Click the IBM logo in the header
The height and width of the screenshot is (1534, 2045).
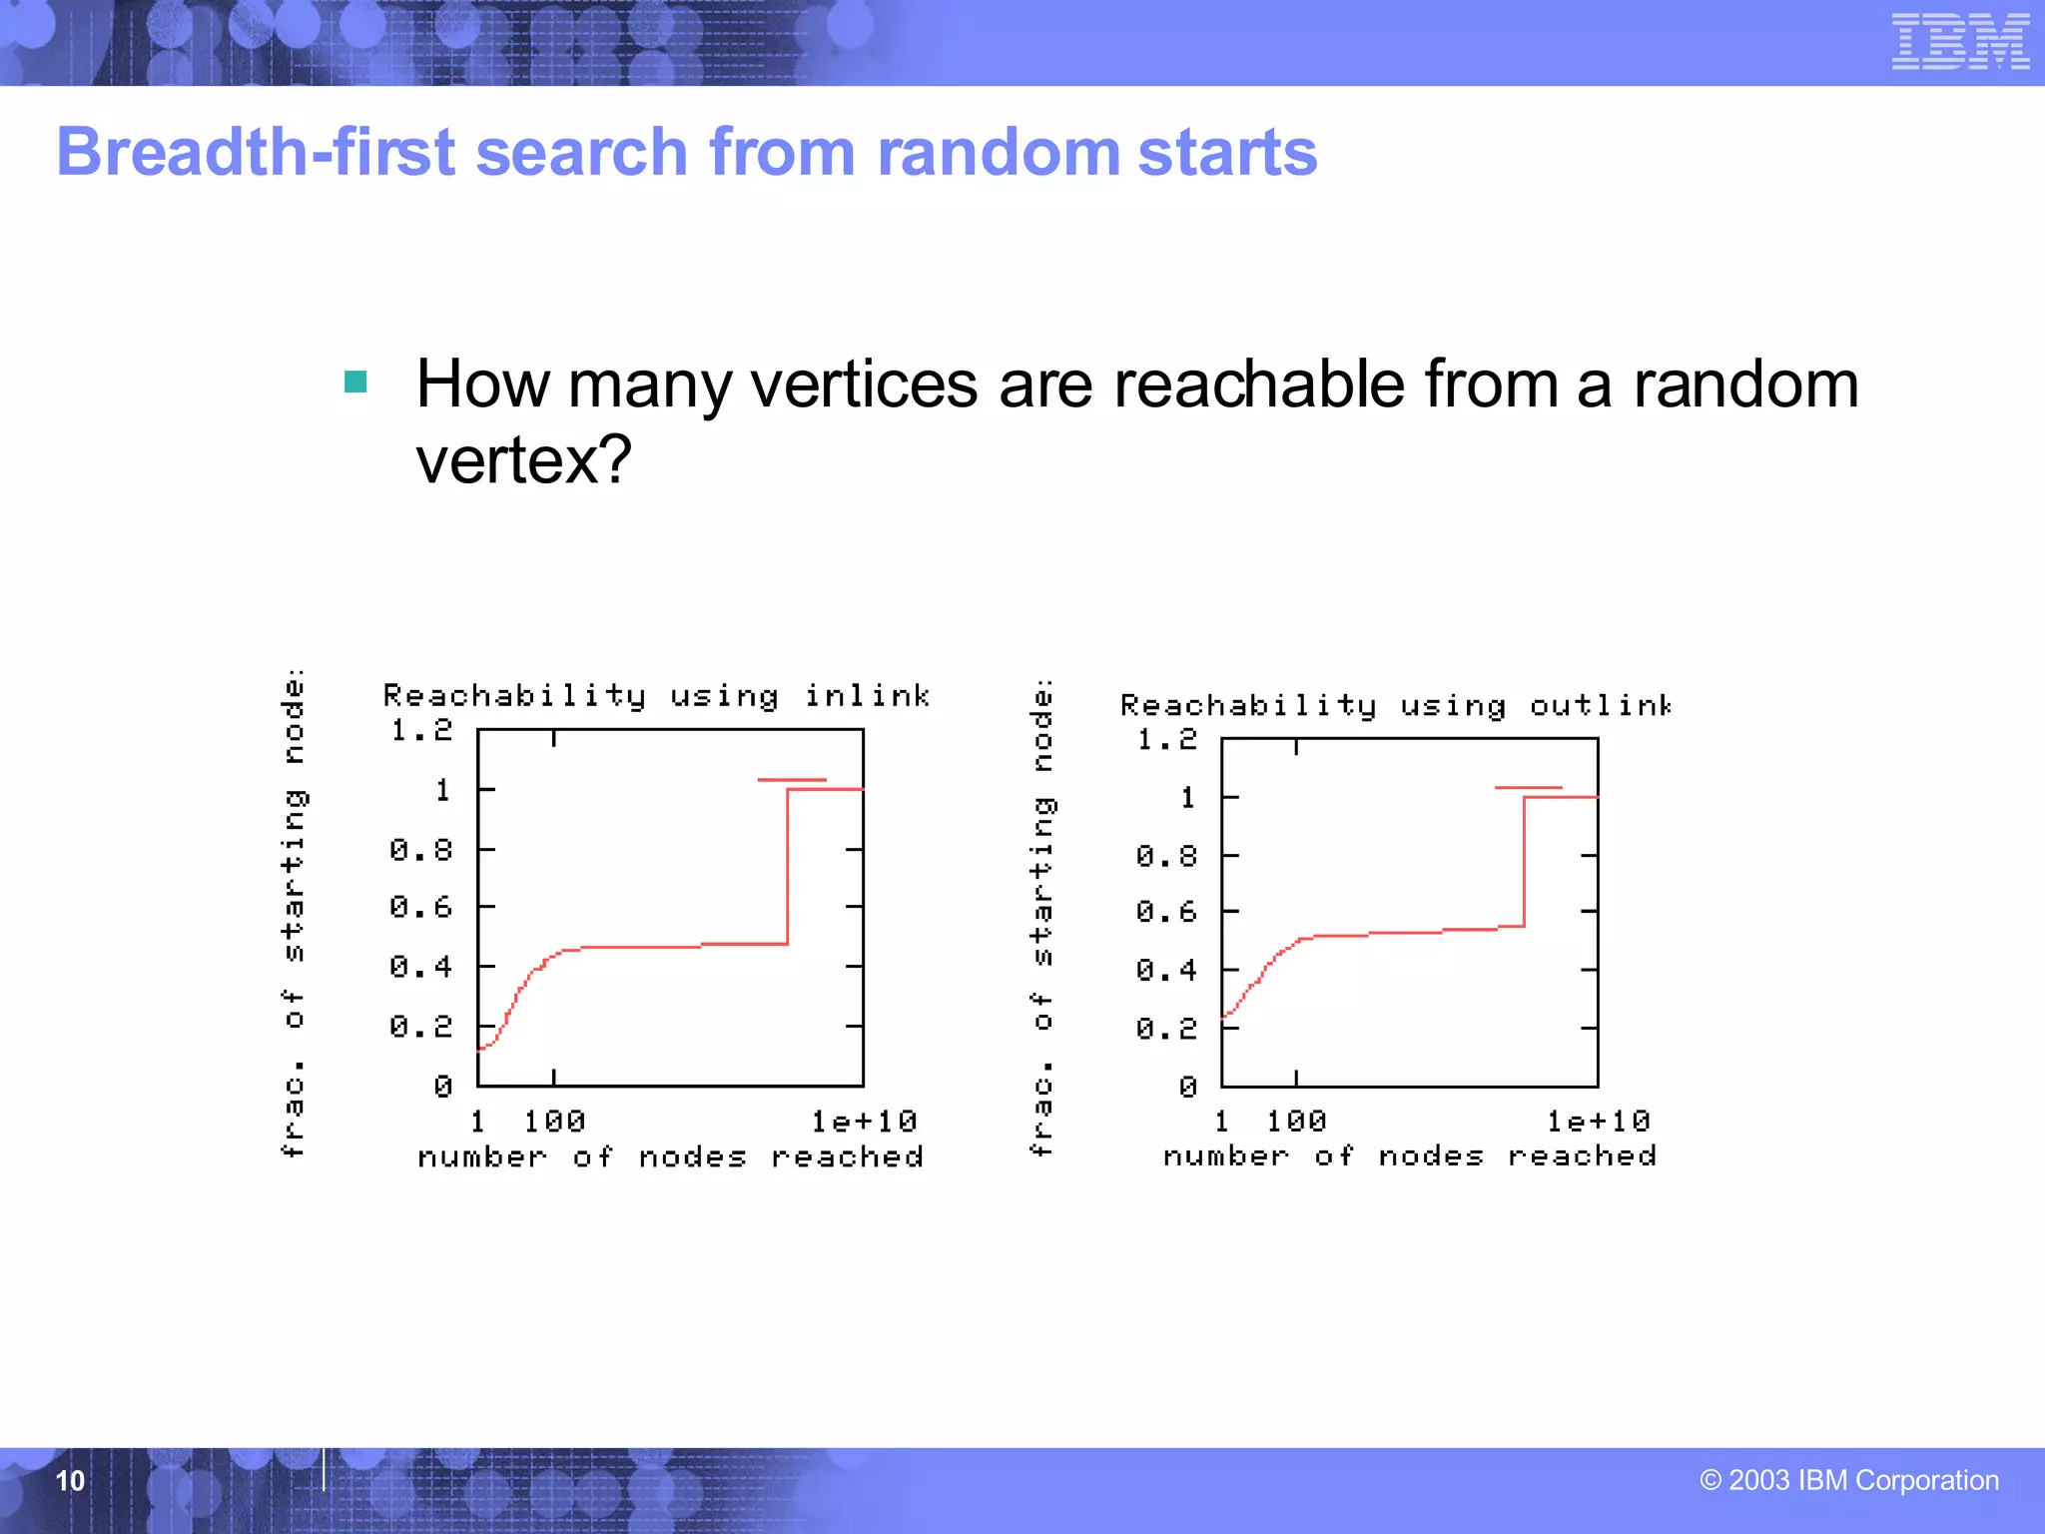coord(1959,42)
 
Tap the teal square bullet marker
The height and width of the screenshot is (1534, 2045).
coord(355,382)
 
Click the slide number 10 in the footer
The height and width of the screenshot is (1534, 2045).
coord(70,1480)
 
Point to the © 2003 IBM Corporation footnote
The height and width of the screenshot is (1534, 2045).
coord(1849,1480)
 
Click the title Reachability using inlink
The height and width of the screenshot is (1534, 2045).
coord(656,695)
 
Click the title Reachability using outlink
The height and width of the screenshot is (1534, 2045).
coord(1395,706)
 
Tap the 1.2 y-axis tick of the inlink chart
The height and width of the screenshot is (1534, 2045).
coord(421,730)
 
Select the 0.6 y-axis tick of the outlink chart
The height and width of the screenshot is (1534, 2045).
coord(1166,912)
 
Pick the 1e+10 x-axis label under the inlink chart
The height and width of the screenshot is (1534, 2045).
coord(864,1122)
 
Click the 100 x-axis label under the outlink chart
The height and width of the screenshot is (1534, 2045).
coord(1296,1122)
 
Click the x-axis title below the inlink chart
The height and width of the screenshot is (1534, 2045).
coord(670,1156)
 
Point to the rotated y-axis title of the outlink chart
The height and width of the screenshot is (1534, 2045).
coord(1040,917)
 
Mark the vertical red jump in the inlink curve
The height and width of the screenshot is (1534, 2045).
coord(788,867)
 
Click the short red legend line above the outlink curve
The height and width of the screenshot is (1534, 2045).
coord(1528,788)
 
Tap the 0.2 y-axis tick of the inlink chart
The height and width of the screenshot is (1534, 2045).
coord(421,1027)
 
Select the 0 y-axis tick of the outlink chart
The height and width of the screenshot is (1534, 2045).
coord(1187,1087)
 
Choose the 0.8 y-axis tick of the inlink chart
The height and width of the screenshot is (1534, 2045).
coord(421,850)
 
